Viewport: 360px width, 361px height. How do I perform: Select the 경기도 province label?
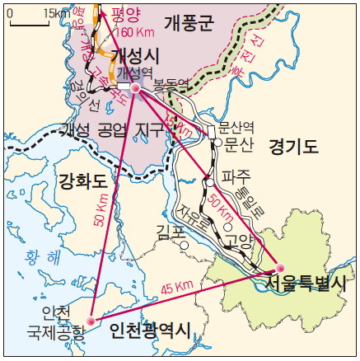pos(292,148)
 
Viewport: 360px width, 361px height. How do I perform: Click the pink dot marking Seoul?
pos(279,268)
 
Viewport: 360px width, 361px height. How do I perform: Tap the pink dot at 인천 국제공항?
pos(92,320)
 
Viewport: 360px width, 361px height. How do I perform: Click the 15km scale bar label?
pos(56,12)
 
